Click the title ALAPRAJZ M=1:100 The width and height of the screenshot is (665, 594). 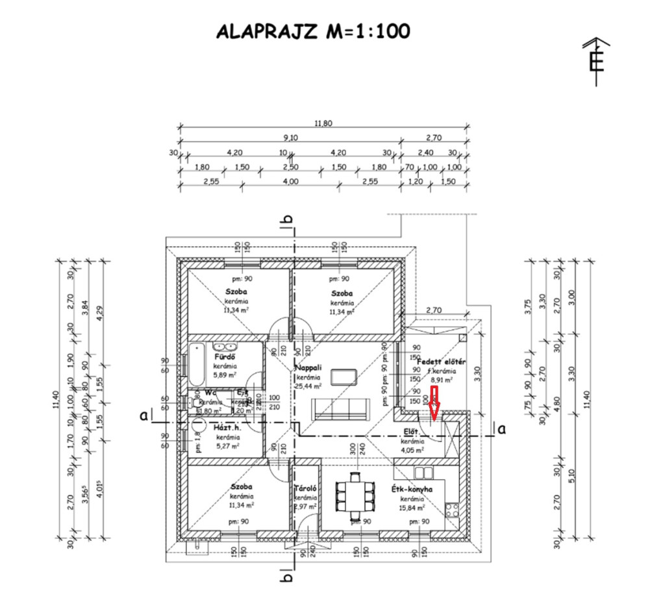tap(313, 31)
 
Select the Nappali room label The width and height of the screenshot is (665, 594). tap(308, 368)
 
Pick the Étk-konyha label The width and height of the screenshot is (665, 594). tap(412, 489)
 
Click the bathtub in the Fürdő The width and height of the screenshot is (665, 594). tap(195, 365)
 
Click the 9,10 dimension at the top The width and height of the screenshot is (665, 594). tap(291, 138)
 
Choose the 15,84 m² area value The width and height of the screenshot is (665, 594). tap(412, 508)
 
